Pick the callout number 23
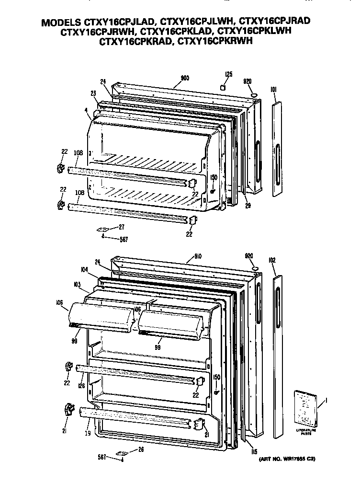pyautogui.click(x=93, y=93)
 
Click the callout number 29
pyautogui.click(x=247, y=206)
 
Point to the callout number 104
pyautogui.click(x=84, y=270)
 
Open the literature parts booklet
pyautogui.click(x=305, y=407)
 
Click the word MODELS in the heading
pyautogui.click(x=61, y=23)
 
